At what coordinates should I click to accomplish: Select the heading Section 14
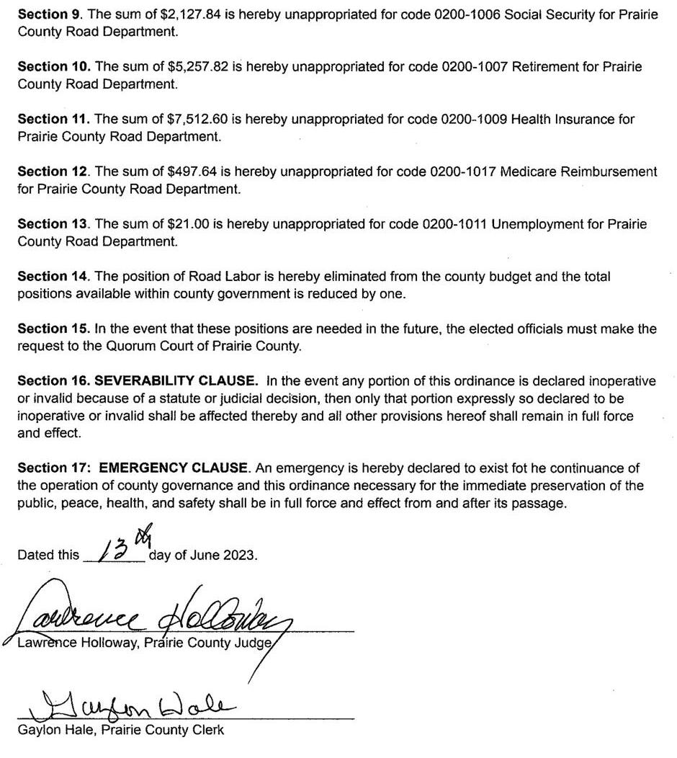pyautogui.click(x=52, y=277)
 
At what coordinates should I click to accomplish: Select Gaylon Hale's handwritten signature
pyautogui.click(x=122, y=707)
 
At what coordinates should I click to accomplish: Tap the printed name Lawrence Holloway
pyautogui.click(x=76, y=643)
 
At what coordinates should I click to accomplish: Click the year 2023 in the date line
pyautogui.click(x=239, y=555)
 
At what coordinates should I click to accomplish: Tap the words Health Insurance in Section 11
pyautogui.click(x=555, y=119)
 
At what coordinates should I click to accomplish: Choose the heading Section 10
pyautogui.click(x=53, y=66)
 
